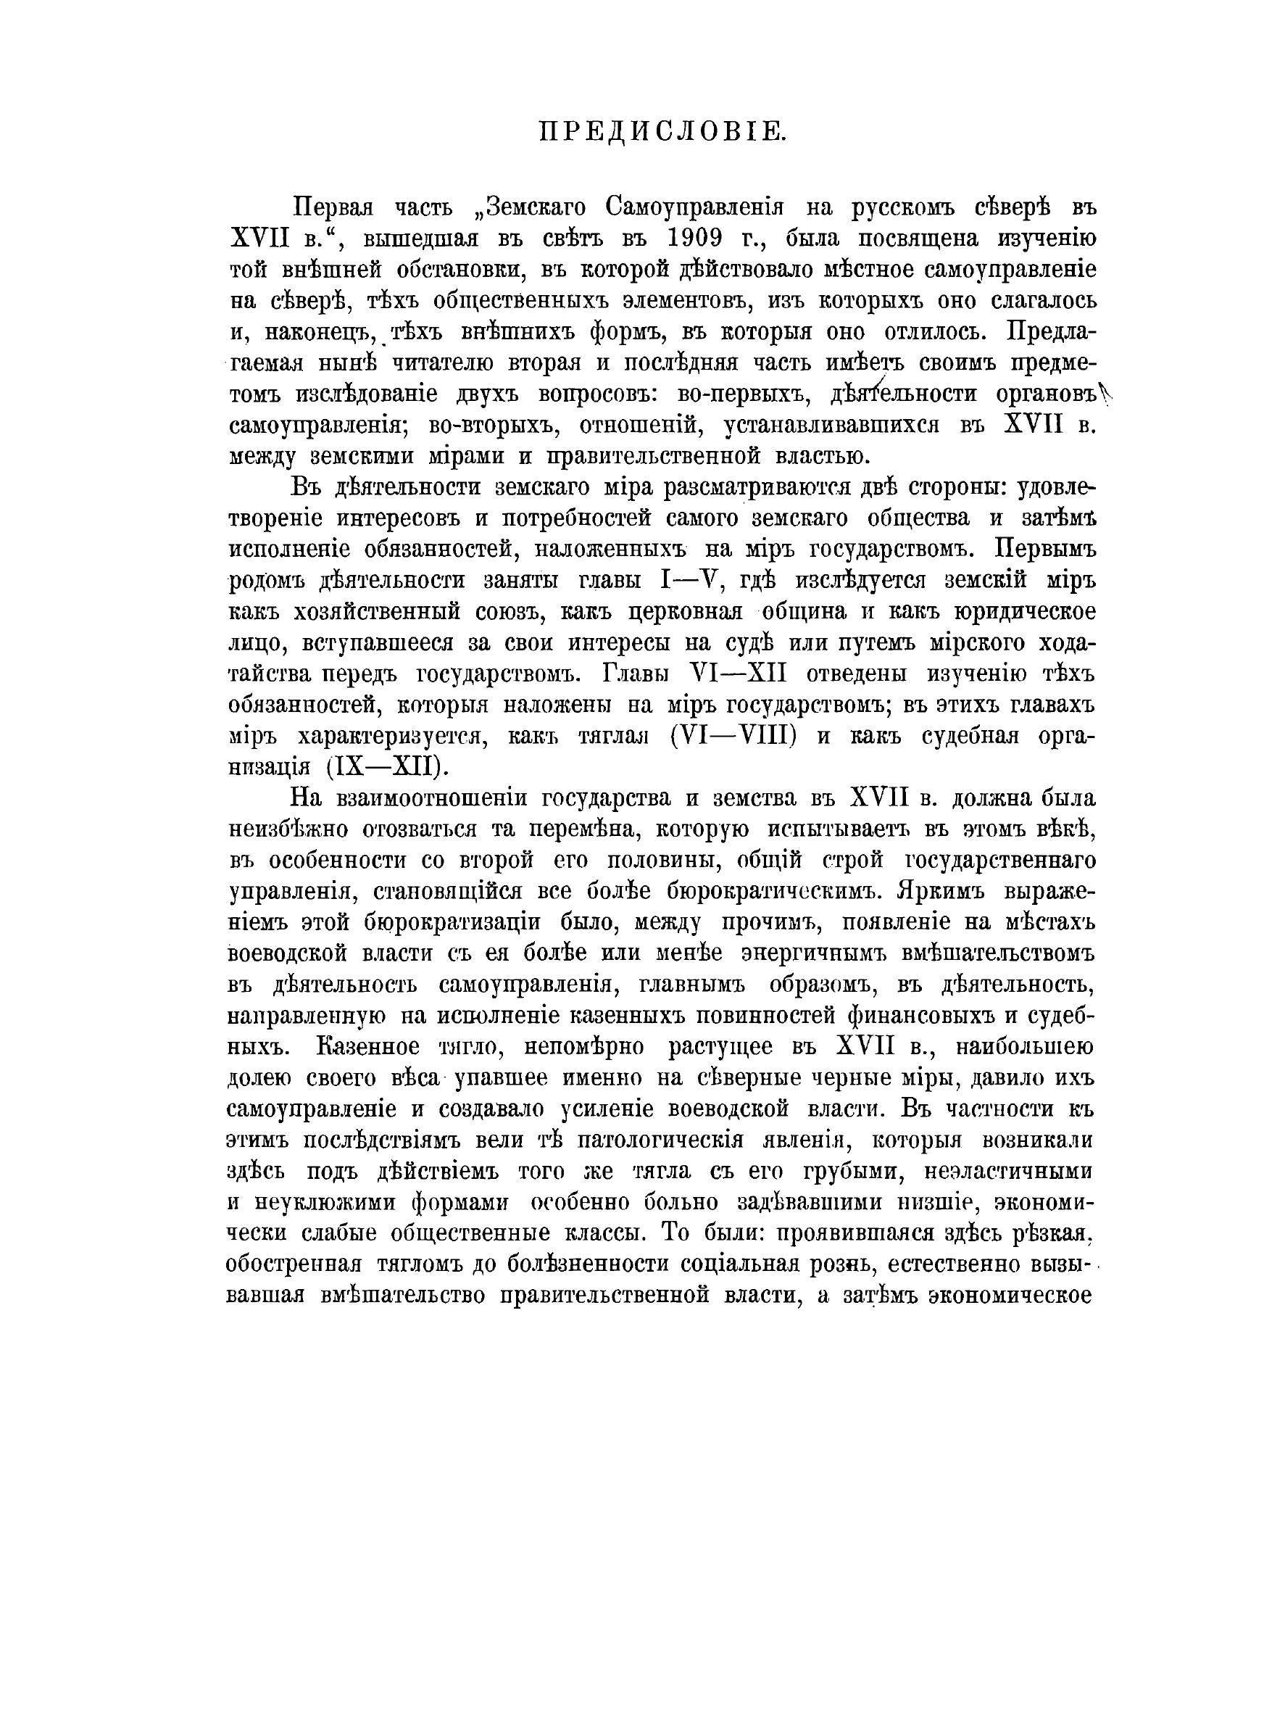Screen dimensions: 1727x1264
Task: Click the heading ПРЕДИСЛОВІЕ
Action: pos(662,132)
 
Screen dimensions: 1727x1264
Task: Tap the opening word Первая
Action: pos(333,207)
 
